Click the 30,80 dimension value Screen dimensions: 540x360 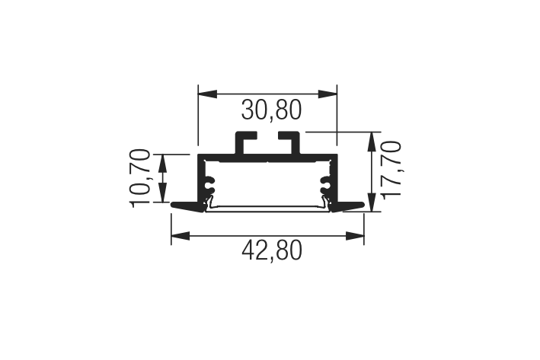point(271,110)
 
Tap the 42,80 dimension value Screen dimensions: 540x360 point(272,250)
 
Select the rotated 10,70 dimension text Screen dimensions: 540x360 point(140,178)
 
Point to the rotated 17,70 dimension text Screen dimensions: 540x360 point(391,170)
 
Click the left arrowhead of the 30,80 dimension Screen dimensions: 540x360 point(207,94)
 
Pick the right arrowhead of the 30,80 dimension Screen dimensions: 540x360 point(328,94)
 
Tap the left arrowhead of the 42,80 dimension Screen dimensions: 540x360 point(181,236)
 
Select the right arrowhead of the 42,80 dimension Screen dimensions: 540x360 point(355,236)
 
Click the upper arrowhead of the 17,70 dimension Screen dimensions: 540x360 point(372,141)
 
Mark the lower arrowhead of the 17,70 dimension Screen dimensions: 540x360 point(372,202)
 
